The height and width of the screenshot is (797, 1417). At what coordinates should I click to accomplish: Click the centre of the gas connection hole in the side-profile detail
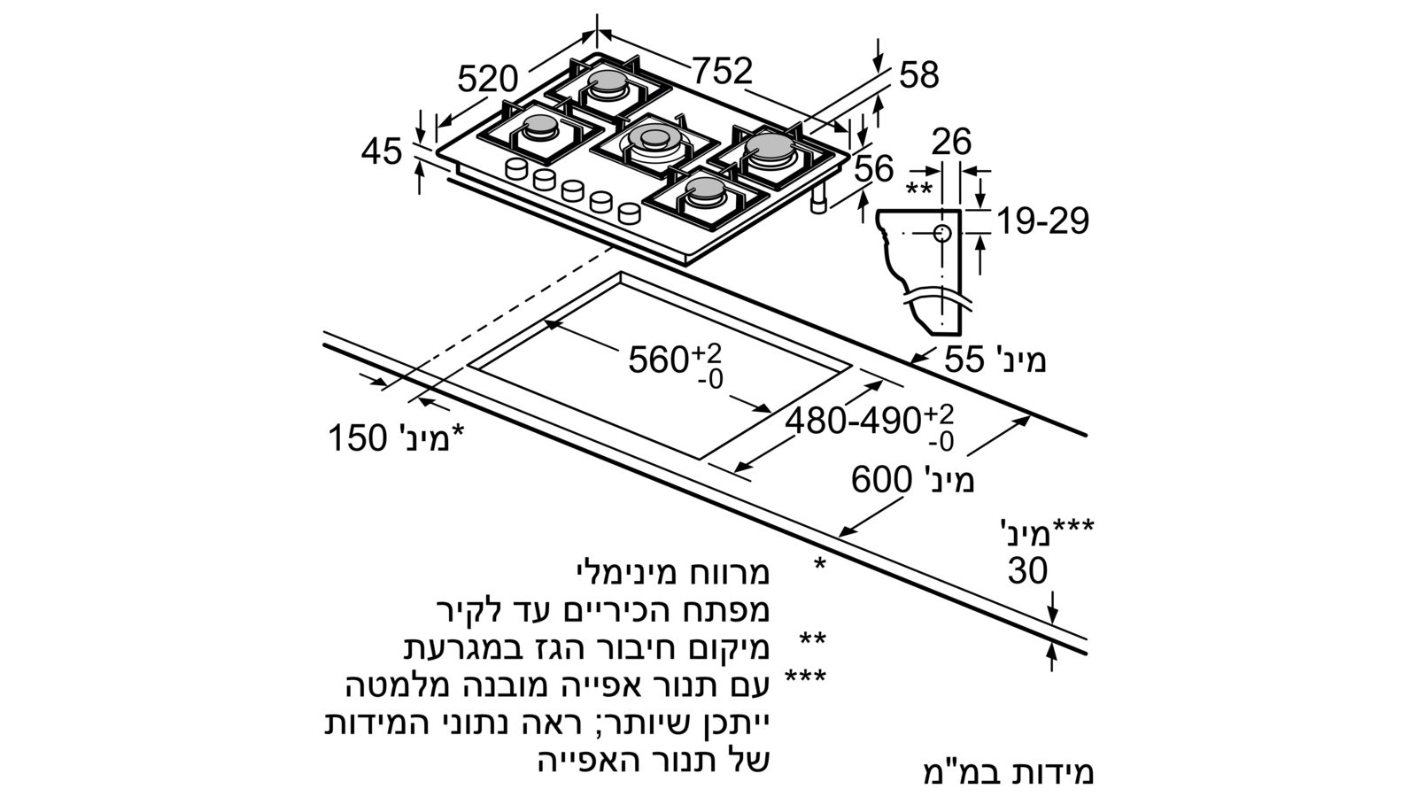click(x=942, y=234)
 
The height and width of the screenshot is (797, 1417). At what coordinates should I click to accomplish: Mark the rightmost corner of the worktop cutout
click(x=851, y=367)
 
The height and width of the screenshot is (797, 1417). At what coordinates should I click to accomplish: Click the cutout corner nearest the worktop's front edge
click(x=699, y=459)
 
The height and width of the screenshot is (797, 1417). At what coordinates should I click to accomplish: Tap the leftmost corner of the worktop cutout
click(x=468, y=367)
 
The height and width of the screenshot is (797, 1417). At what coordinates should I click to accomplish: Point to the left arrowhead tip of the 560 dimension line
click(x=544, y=321)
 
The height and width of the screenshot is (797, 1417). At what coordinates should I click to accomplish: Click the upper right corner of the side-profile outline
click(x=961, y=210)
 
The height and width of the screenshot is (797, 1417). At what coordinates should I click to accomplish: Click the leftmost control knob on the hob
click(x=516, y=169)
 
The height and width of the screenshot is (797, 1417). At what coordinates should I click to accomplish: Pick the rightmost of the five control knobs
click(x=629, y=213)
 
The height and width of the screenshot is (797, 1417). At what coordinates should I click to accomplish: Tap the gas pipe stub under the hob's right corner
click(x=819, y=200)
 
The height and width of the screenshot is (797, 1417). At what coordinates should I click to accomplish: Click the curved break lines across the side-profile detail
click(x=936, y=298)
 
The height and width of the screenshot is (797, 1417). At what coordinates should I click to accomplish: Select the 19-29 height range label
click(x=1043, y=221)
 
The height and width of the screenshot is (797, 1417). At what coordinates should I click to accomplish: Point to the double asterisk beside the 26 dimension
click(x=918, y=189)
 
